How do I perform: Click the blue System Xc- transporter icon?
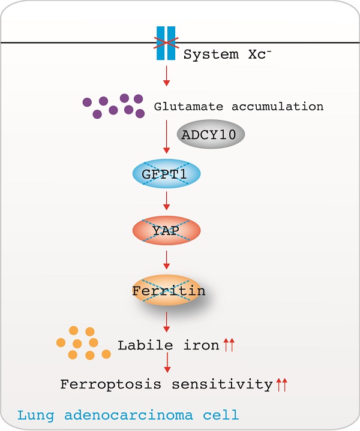166,43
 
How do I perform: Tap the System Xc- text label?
227,54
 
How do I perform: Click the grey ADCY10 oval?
211,134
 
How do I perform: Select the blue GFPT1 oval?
166,174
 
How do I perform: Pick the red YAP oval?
166,230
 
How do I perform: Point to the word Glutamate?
188,106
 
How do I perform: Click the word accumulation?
277,106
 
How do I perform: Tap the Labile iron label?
169,345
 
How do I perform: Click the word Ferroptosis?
110,385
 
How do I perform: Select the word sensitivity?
223,385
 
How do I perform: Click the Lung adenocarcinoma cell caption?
128,415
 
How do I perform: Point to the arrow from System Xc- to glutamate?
166,76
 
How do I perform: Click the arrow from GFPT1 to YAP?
166,201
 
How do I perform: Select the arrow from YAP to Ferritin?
166,260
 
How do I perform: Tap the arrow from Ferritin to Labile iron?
166,322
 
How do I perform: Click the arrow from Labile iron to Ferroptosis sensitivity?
167,363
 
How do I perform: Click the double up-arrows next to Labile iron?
229,345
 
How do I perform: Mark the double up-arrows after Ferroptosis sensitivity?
282,385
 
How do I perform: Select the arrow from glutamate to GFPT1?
166,137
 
